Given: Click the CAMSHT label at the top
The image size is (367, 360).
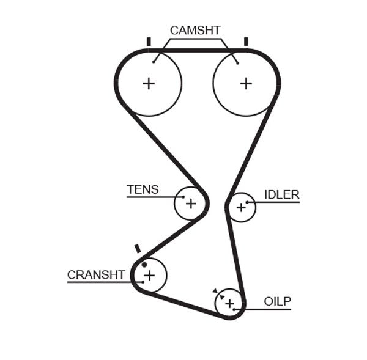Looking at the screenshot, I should pos(195,30).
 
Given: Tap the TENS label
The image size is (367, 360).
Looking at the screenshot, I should pos(143,189).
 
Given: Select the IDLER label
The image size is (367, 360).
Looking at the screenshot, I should pos(281,194).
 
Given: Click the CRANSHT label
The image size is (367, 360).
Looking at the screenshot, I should pos(96,275).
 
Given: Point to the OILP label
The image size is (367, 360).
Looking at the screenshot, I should pos(278,301).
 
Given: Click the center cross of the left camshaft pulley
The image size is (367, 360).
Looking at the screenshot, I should pos(149,83).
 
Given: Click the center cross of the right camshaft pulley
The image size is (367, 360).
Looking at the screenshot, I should pos(245,83).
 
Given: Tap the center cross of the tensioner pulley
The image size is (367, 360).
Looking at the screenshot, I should pos(190,203).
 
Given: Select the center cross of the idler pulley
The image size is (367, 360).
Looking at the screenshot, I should pos(241,208).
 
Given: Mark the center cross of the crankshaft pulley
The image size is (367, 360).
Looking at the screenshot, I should pos(149,276).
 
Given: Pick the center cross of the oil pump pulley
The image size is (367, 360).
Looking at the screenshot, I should pos(229,303).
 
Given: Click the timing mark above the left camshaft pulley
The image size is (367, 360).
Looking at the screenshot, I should pos(149,42).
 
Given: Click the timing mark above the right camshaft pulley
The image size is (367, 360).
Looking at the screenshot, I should pos(245,42).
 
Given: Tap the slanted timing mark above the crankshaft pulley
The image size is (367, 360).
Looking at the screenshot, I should pos(138,249).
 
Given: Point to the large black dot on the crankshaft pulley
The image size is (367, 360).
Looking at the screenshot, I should pos(144,265).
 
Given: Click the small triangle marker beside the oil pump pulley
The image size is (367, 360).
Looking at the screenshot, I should pos(215,291).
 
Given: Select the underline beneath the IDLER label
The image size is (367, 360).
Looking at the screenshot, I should pos(272,202).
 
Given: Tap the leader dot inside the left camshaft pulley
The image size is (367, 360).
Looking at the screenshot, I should pos(154,61).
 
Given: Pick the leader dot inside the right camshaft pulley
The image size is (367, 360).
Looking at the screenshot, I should pos(237,61).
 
